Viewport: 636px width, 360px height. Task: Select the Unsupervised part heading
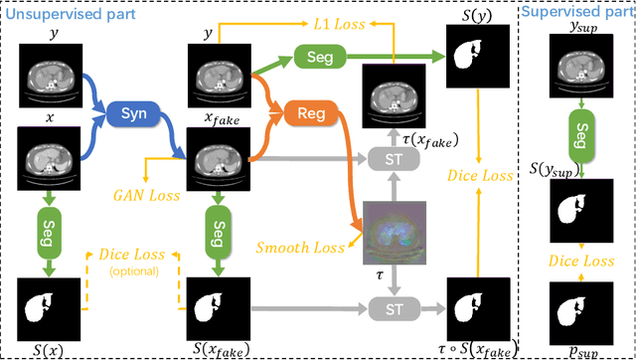60,8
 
